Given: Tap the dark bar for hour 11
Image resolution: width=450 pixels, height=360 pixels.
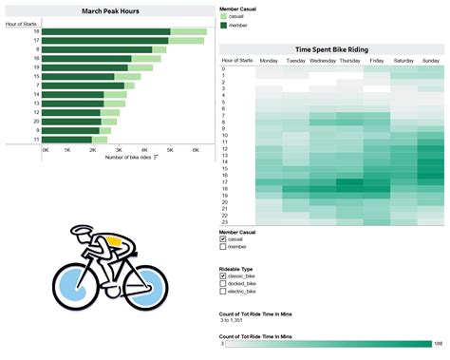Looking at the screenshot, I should (67, 140).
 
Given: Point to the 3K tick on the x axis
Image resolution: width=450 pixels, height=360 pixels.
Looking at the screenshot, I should (120, 149).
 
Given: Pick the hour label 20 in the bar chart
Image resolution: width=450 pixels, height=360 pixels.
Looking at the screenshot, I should (36, 122).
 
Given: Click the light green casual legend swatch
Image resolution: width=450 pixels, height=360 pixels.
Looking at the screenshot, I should (223, 17).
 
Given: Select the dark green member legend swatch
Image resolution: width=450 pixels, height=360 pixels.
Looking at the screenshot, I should (223, 26).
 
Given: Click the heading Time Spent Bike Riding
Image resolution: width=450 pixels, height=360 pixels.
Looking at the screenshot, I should (331, 49).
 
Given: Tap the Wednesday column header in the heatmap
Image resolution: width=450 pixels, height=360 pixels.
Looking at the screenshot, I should (323, 60).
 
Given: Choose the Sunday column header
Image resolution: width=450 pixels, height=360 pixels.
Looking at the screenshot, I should (430, 60).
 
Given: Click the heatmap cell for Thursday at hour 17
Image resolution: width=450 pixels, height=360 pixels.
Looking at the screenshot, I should (349, 182).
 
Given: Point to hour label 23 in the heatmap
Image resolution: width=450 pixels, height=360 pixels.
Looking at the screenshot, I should (224, 221).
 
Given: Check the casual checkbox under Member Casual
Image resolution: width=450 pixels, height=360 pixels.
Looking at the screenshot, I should (223, 239).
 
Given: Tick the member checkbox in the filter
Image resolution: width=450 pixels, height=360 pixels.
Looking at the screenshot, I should (223, 248).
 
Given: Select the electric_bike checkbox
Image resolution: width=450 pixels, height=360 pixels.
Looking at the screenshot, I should (223, 293).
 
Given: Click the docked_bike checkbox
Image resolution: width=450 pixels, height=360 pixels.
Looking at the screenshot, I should (223, 284).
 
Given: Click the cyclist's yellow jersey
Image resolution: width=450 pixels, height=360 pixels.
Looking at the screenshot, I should (116, 241).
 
